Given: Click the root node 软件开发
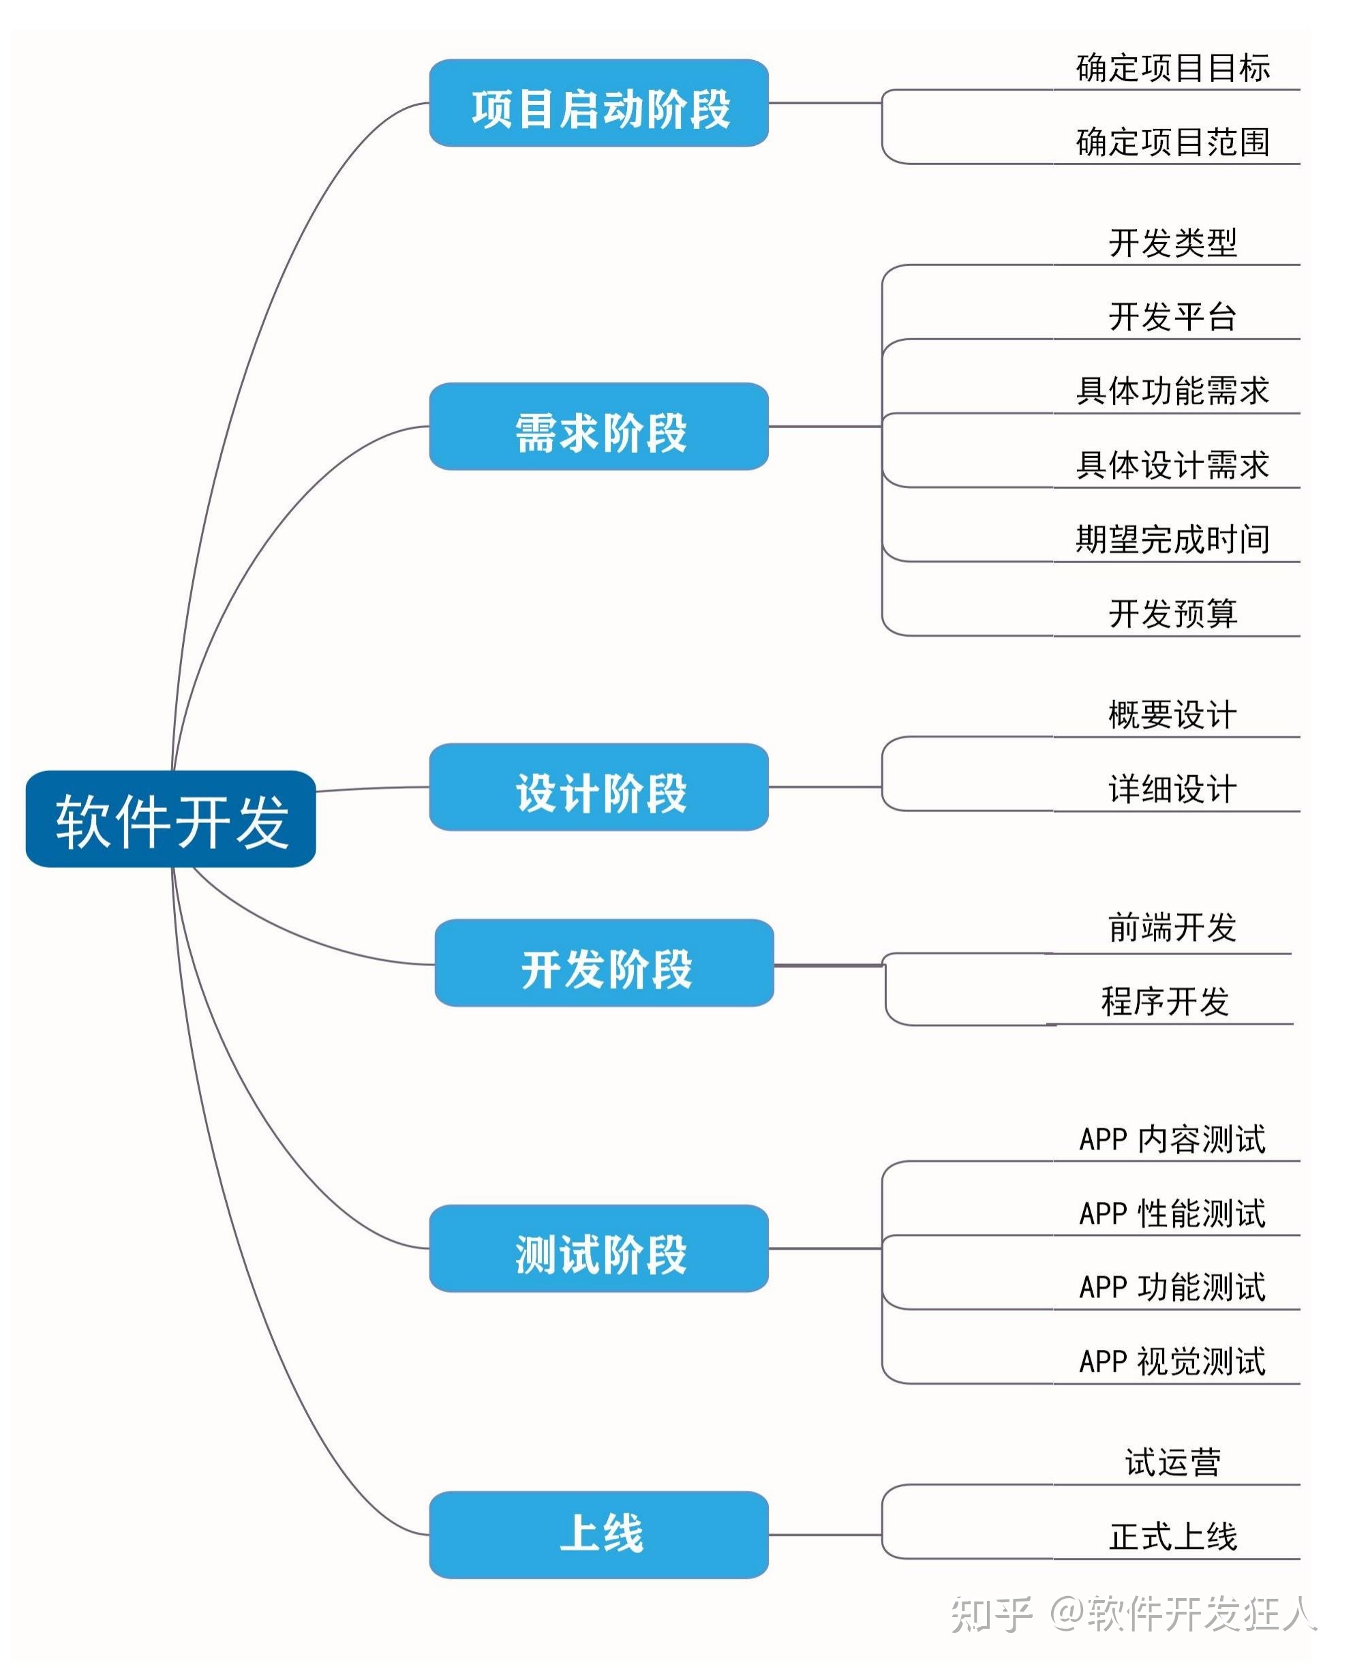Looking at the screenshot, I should [170, 819].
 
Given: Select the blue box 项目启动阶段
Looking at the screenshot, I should [598, 103].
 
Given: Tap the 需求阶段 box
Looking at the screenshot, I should [598, 426].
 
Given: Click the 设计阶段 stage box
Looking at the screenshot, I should [598, 787].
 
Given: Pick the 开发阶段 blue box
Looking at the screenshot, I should [604, 963].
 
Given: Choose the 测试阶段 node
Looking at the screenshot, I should [598, 1248].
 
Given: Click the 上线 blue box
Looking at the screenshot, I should [598, 1535].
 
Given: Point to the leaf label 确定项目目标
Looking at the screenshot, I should [1172, 67].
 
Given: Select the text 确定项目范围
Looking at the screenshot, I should [1172, 142].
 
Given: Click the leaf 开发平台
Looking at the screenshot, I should [1172, 316].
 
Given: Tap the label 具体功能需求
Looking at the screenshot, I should [1172, 391].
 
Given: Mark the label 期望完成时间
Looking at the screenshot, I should [1172, 539].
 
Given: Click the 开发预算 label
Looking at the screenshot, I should [1172, 614].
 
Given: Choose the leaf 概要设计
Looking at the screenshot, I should [1172, 715].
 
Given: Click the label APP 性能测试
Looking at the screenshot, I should [1172, 1213].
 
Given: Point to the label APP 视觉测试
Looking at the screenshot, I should [1172, 1361].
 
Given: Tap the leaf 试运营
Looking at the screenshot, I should [1172, 1462].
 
